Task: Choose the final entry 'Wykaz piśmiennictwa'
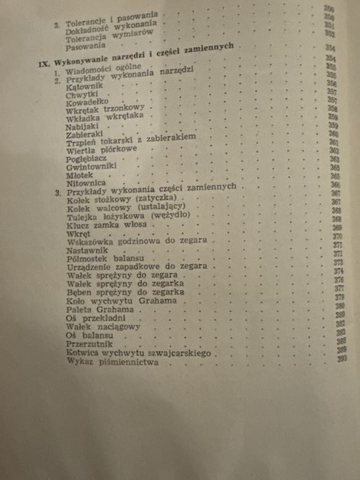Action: click(110, 363)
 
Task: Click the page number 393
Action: click(339, 360)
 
